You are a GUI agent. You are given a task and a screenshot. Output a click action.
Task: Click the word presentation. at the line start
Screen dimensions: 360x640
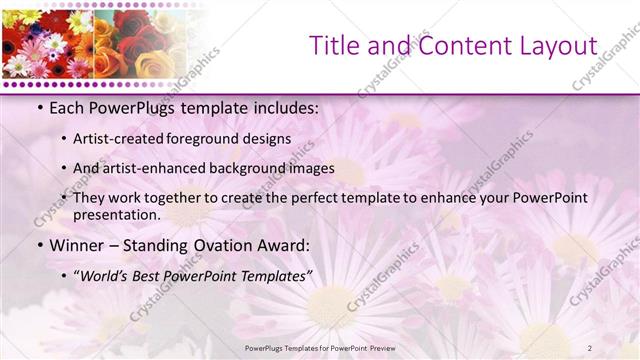pos(117,214)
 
